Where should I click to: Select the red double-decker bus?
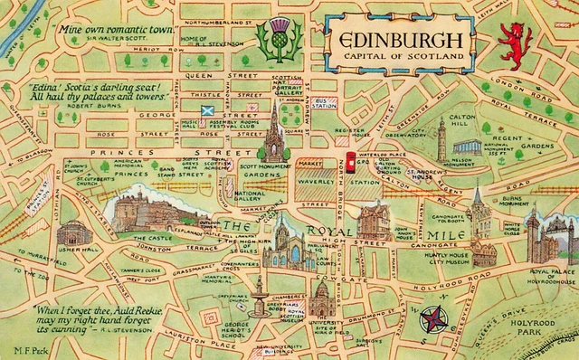pyautogui.click(x=350, y=163)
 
